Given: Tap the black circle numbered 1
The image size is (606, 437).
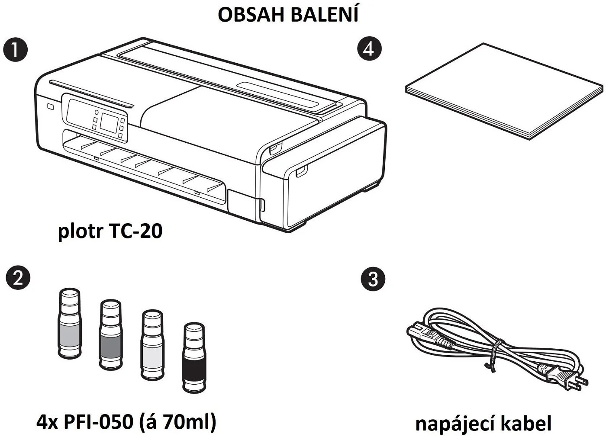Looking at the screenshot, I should click(15, 50).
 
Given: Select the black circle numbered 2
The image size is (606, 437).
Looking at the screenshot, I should click(18, 277).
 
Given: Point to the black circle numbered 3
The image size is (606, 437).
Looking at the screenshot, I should click(372, 279).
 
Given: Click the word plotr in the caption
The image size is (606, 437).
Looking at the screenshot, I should click(81, 231).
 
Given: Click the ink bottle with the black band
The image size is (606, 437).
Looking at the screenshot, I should click(193, 358).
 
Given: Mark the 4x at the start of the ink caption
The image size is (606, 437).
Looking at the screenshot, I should click(47, 421).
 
